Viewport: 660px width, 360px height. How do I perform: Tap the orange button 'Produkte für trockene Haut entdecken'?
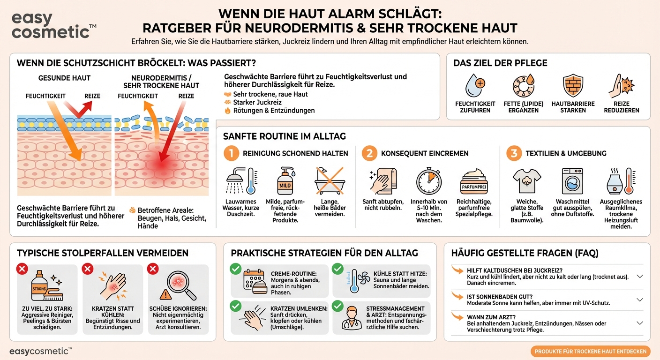[x=591, y=352]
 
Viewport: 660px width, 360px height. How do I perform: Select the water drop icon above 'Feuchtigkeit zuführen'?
[x=475, y=85]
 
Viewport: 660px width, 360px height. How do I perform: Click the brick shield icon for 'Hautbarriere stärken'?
[x=573, y=85]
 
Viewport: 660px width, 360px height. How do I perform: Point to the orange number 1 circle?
[x=231, y=153]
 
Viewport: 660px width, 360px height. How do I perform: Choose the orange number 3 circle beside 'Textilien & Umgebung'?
[x=514, y=153]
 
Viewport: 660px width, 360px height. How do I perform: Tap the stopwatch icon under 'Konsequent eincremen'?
[x=429, y=181]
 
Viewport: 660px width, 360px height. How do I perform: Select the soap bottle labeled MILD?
[x=285, y=181]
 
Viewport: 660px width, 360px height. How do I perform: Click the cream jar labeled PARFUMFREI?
[x=474, y=181]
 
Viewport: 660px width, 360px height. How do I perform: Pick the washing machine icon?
[x=572, y=181]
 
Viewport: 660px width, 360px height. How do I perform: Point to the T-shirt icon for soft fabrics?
[x=527, y=181]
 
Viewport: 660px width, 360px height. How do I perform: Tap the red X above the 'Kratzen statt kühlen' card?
[x=88, y=269]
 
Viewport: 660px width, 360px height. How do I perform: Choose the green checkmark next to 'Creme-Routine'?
[x=235, y=269]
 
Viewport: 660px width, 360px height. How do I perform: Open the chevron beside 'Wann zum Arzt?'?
[x=640, y=323]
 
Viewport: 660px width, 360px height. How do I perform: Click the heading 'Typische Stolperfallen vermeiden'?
[x=103, y=253]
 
